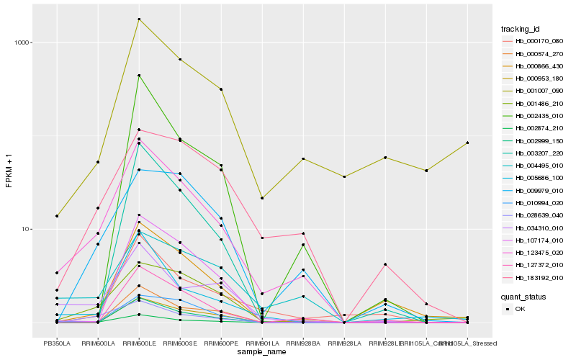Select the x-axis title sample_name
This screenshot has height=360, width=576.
(262, 352)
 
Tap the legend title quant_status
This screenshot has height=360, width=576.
(523, 296)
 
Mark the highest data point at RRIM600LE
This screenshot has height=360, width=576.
(138, 19)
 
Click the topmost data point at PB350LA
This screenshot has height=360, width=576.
(56, 216)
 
